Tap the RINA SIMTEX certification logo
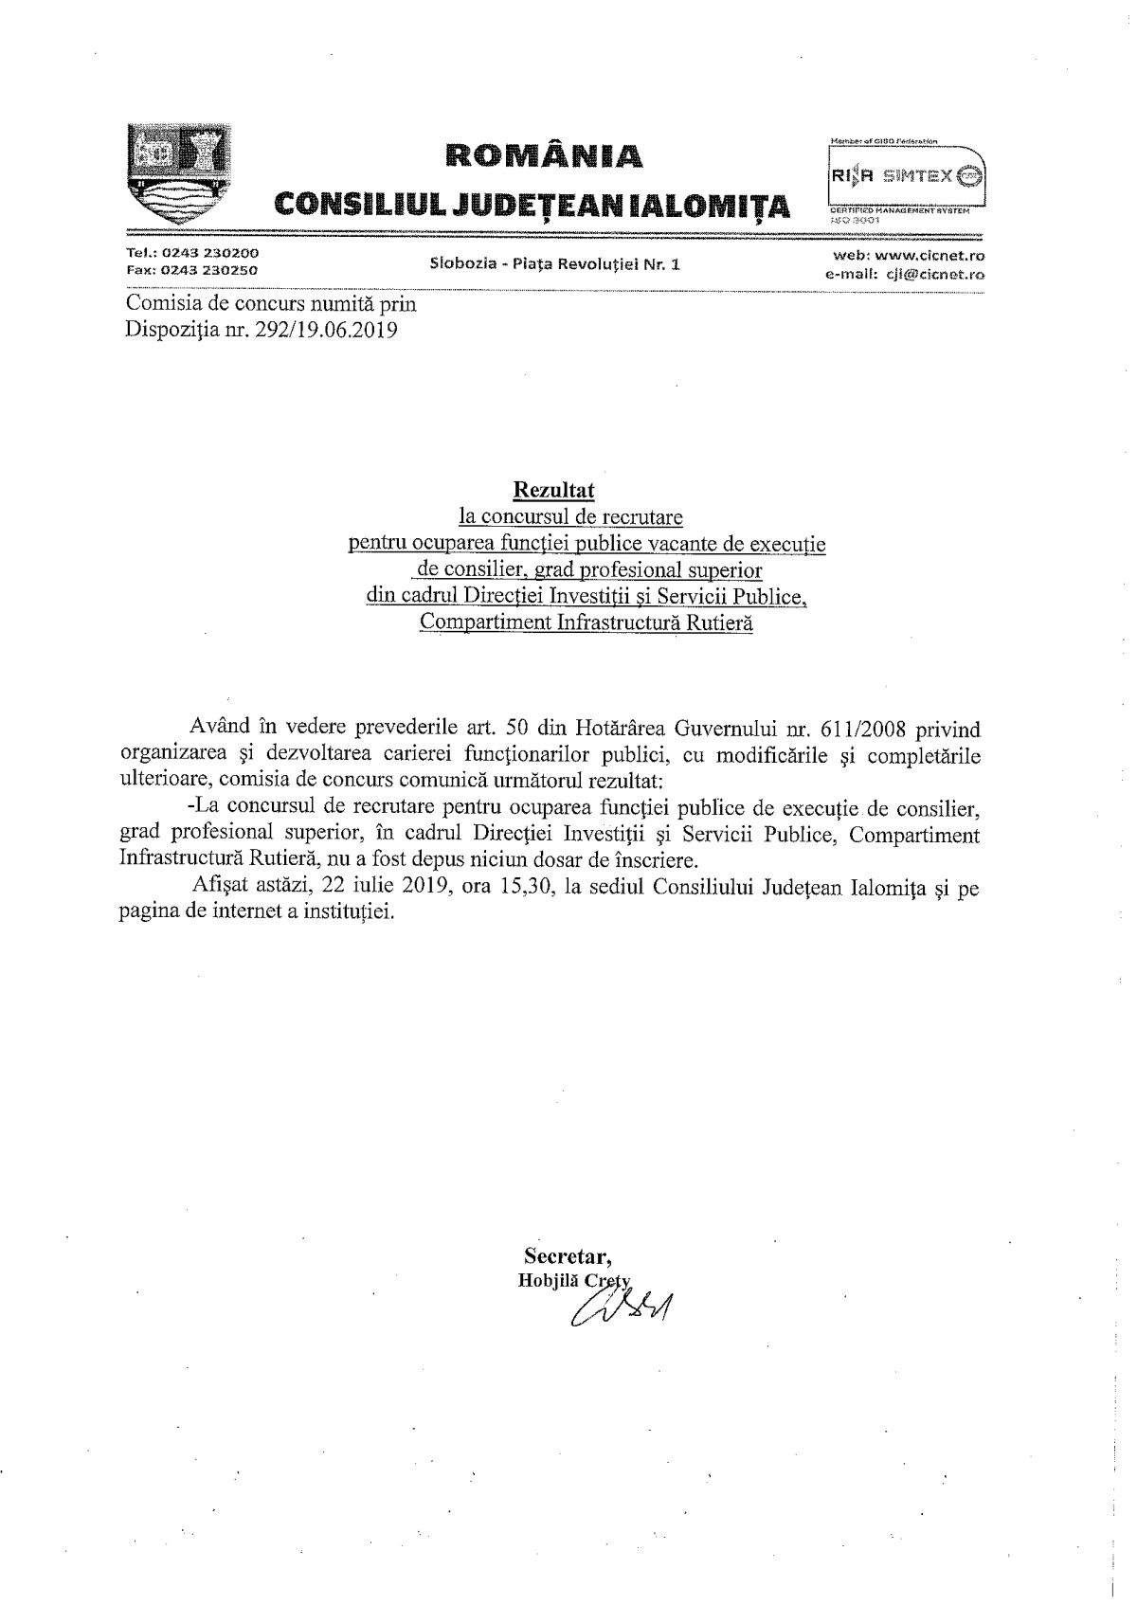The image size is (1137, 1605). pos(906,176)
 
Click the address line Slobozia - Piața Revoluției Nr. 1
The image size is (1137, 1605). pos(554,264)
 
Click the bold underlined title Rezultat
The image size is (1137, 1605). pos(553,490)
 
